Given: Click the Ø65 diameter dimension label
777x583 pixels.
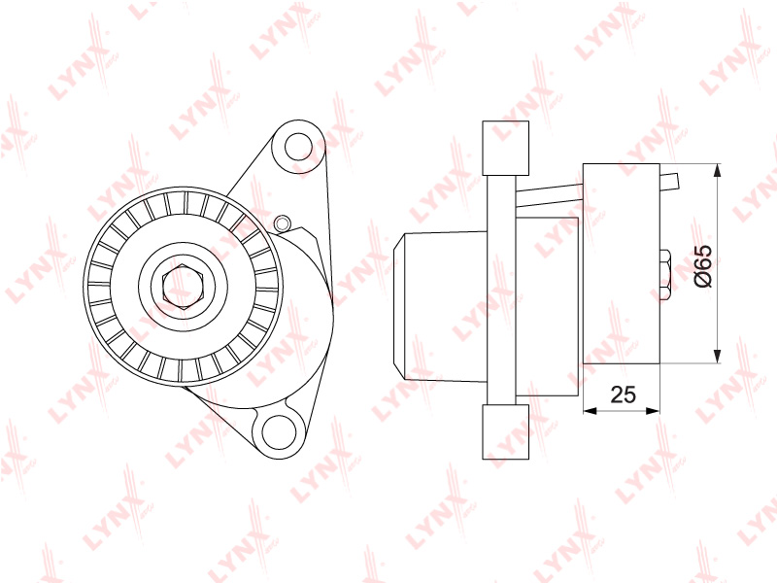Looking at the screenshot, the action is coord(703,265).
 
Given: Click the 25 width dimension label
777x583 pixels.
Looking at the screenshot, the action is coord(623,394).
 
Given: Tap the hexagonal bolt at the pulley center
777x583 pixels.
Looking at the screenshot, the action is coord(182,287).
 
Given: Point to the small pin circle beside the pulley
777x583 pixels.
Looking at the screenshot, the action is coord(282,223).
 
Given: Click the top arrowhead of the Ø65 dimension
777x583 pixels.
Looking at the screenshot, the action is coord(717,171).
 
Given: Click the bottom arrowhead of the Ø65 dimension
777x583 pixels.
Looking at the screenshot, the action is coord(717,357).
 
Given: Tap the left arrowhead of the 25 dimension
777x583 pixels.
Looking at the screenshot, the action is coord(591,410).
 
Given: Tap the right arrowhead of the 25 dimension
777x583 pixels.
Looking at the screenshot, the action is coord(653,410).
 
